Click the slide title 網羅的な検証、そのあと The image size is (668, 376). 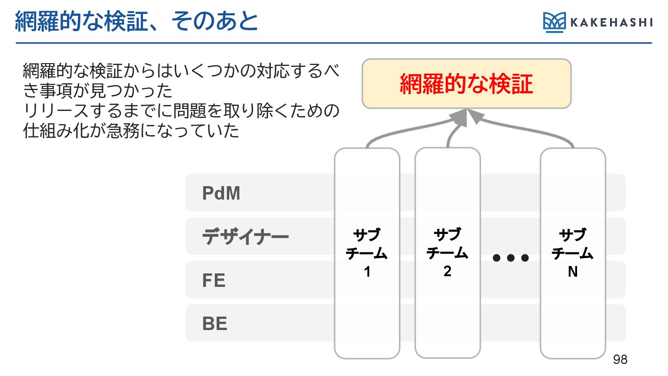[136, 22]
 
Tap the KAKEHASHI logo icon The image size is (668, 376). [554, 22]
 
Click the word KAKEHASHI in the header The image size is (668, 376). [610, 22]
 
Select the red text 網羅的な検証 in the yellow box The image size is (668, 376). [466, 84]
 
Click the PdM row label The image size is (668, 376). [221, 193]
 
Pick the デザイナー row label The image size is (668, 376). [245, 237]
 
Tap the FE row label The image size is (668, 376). [214, 280]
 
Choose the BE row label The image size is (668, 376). [215, 324]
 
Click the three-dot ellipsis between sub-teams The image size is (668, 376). [510, 258]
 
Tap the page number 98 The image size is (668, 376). [620, 359]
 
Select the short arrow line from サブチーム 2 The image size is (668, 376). [452, 135]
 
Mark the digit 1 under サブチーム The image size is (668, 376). [367, 272]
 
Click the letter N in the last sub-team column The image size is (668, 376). [573, 272]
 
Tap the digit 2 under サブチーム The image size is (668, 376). [447, 271]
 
